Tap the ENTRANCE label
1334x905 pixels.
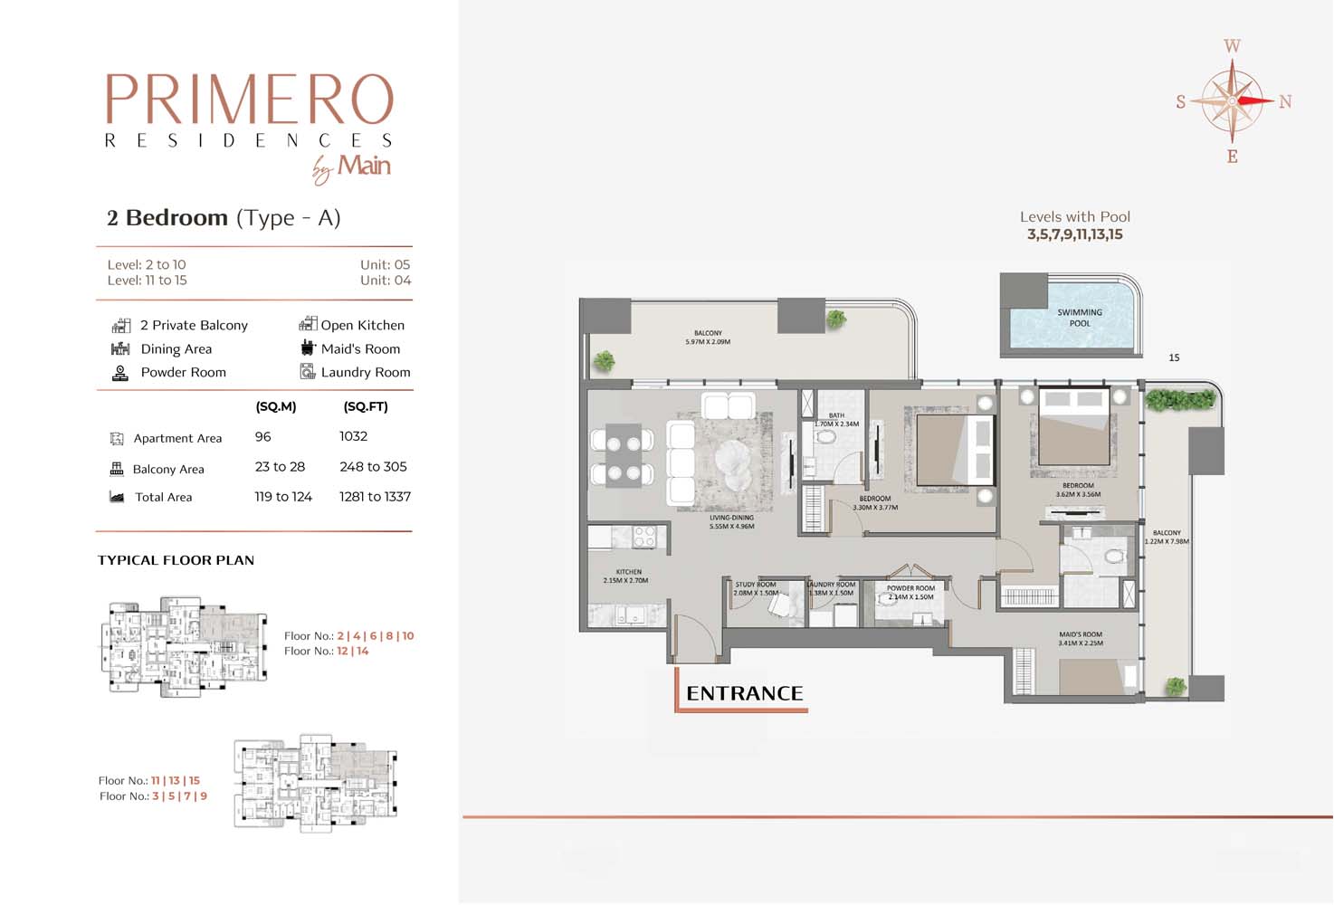744,693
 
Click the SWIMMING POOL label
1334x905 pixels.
1079,318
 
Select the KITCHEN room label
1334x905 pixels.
628,576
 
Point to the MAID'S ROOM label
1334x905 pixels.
1080,639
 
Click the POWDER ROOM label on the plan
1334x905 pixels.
910,592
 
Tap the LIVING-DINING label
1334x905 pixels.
731,521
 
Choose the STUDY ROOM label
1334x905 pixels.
756,588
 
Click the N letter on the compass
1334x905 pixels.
1285,101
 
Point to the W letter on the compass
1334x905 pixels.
1232,46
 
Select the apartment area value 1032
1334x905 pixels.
353,436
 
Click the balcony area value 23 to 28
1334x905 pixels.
280,467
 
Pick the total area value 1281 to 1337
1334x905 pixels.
375,497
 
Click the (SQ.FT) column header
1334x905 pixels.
366,406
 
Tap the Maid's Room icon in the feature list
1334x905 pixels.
308,348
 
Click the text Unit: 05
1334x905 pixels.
385,264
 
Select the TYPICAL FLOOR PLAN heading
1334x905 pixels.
176,560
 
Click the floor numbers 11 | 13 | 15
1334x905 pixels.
176,780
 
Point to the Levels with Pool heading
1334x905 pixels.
1074,216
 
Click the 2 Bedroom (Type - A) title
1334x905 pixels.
223,218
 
